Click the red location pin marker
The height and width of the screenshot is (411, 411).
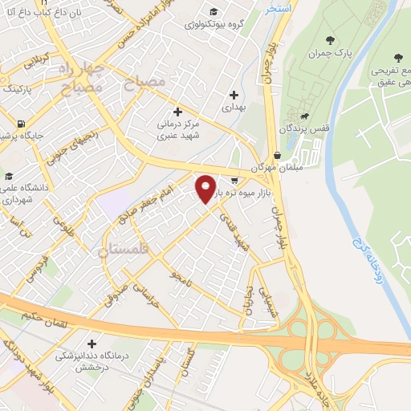point(206,189)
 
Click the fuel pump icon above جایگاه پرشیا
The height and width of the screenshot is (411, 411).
point(18,124)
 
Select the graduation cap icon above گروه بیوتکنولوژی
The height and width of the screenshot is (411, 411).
point(213,11)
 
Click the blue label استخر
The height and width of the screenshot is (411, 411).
point(280,7)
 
